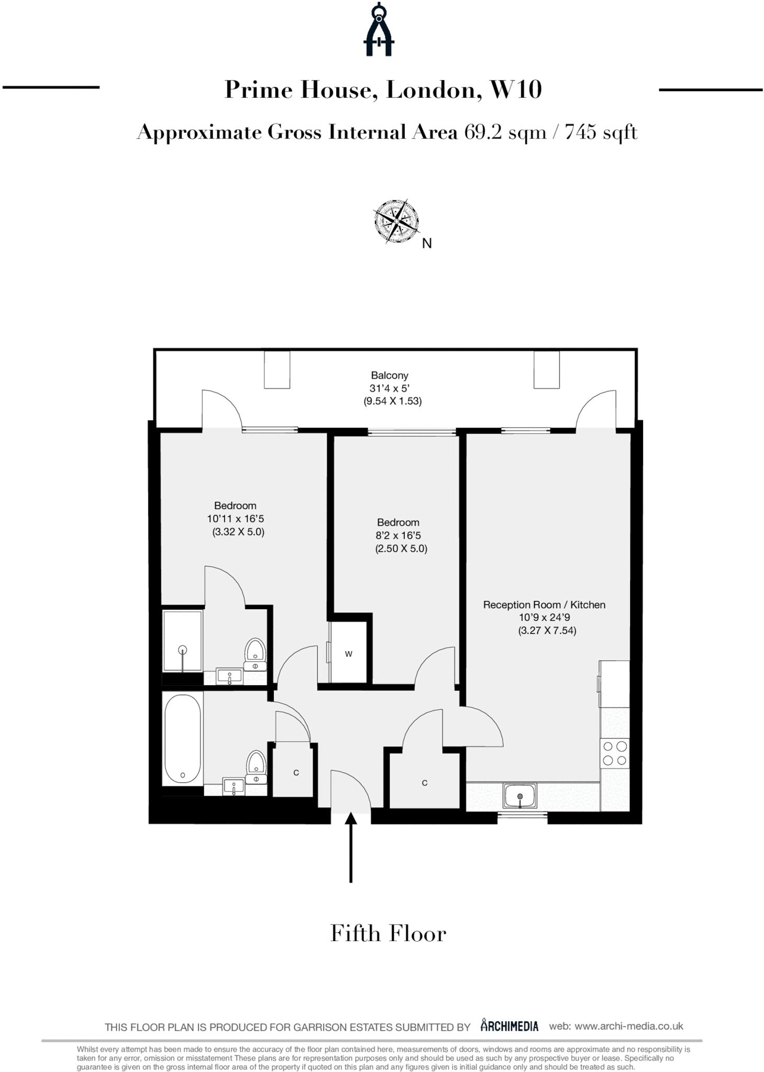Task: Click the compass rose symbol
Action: pyautogui.click(x=396, y=221)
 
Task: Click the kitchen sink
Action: pyautogui.click(x=520, y=795)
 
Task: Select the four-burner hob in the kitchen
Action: pyautogui.click(x=615, y=753)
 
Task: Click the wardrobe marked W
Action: pyautogui.click(x=349, y=653)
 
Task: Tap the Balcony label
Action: pyautogui.click(x=390, y=375)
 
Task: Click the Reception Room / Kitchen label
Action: pyautogui.click(x=544, y=605)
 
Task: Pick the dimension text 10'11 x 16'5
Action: pyautogui.click(x=235, y=519)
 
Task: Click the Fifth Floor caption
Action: pyautogui.click(x=388, y=934)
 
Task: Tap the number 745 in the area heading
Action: pyautogui.click(x=580, y=132)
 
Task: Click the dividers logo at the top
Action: pyautogui.click(x=379, y=30)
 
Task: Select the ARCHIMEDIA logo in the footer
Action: pyautogui.click(x=510, y=1026)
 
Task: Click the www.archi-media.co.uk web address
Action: pyautogui.click(x=629, y=1026)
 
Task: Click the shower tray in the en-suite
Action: pyautogui.click(x=182, y=641)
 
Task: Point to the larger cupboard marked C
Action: pyautogui.click(x=425, y=783)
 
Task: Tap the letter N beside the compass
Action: pyautogui.click(x=427, y=243)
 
